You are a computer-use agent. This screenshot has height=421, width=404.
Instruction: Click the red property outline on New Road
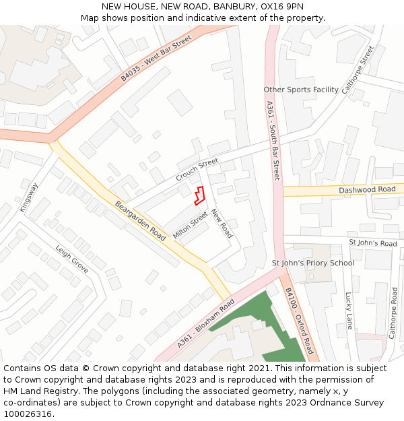(x=199, y=195)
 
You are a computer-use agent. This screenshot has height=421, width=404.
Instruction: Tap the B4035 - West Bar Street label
(x=156, y=58)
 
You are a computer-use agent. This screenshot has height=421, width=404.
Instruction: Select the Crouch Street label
(x=197, y=169)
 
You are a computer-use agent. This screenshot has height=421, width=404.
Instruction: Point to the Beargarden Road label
(x=140, y=221)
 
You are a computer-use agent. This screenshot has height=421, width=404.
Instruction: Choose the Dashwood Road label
(x=367, y=189)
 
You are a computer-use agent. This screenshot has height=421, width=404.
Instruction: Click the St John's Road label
(x=372, y=243)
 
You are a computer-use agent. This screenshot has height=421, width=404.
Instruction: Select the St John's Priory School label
(x=312, y=263)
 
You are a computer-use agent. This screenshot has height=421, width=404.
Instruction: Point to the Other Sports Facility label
(x=301, y=90)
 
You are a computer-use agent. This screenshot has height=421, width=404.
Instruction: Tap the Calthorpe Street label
(x=357, y=69)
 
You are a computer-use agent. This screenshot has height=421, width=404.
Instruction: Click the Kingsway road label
(x=29, y=196)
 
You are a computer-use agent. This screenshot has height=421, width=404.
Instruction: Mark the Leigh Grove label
(x=72, y=258)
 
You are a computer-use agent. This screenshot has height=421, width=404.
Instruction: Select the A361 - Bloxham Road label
(x=205, y=323)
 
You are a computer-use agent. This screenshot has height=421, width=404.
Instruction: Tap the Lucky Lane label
(x=349, y=310)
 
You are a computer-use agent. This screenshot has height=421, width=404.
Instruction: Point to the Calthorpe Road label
(x=394, y=313)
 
